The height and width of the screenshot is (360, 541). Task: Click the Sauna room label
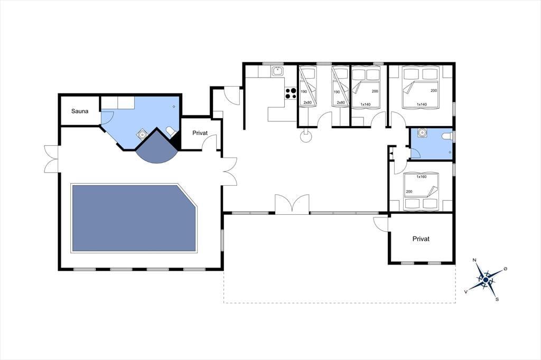coord(80,111)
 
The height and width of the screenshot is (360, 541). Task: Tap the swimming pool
coord(134,218)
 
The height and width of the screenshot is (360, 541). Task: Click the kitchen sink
coord(277,71)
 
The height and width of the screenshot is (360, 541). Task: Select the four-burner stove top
coord(291,93)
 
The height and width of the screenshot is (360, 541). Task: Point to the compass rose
coord(486,280)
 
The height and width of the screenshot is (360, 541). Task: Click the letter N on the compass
coord(474,260)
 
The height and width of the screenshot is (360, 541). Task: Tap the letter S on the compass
coord(497,299)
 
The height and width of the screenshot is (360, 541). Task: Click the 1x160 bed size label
coord(421,176)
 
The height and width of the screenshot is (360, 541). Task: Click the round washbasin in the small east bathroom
coord(422,132)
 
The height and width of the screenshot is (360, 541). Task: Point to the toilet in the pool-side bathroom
coord(171,132)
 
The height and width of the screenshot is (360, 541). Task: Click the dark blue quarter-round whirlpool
coord(157,148)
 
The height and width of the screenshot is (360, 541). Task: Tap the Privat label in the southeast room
coord(421,239)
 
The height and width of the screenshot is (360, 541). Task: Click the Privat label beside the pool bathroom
coord(200,133)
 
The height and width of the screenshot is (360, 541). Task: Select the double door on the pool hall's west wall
coord(51,159)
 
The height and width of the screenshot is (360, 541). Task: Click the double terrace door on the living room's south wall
coord(292,204)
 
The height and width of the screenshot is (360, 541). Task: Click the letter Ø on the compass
coord(505,268)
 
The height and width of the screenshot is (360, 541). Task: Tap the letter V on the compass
coord(466,292)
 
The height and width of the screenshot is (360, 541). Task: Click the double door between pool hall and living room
coord(230,172)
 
